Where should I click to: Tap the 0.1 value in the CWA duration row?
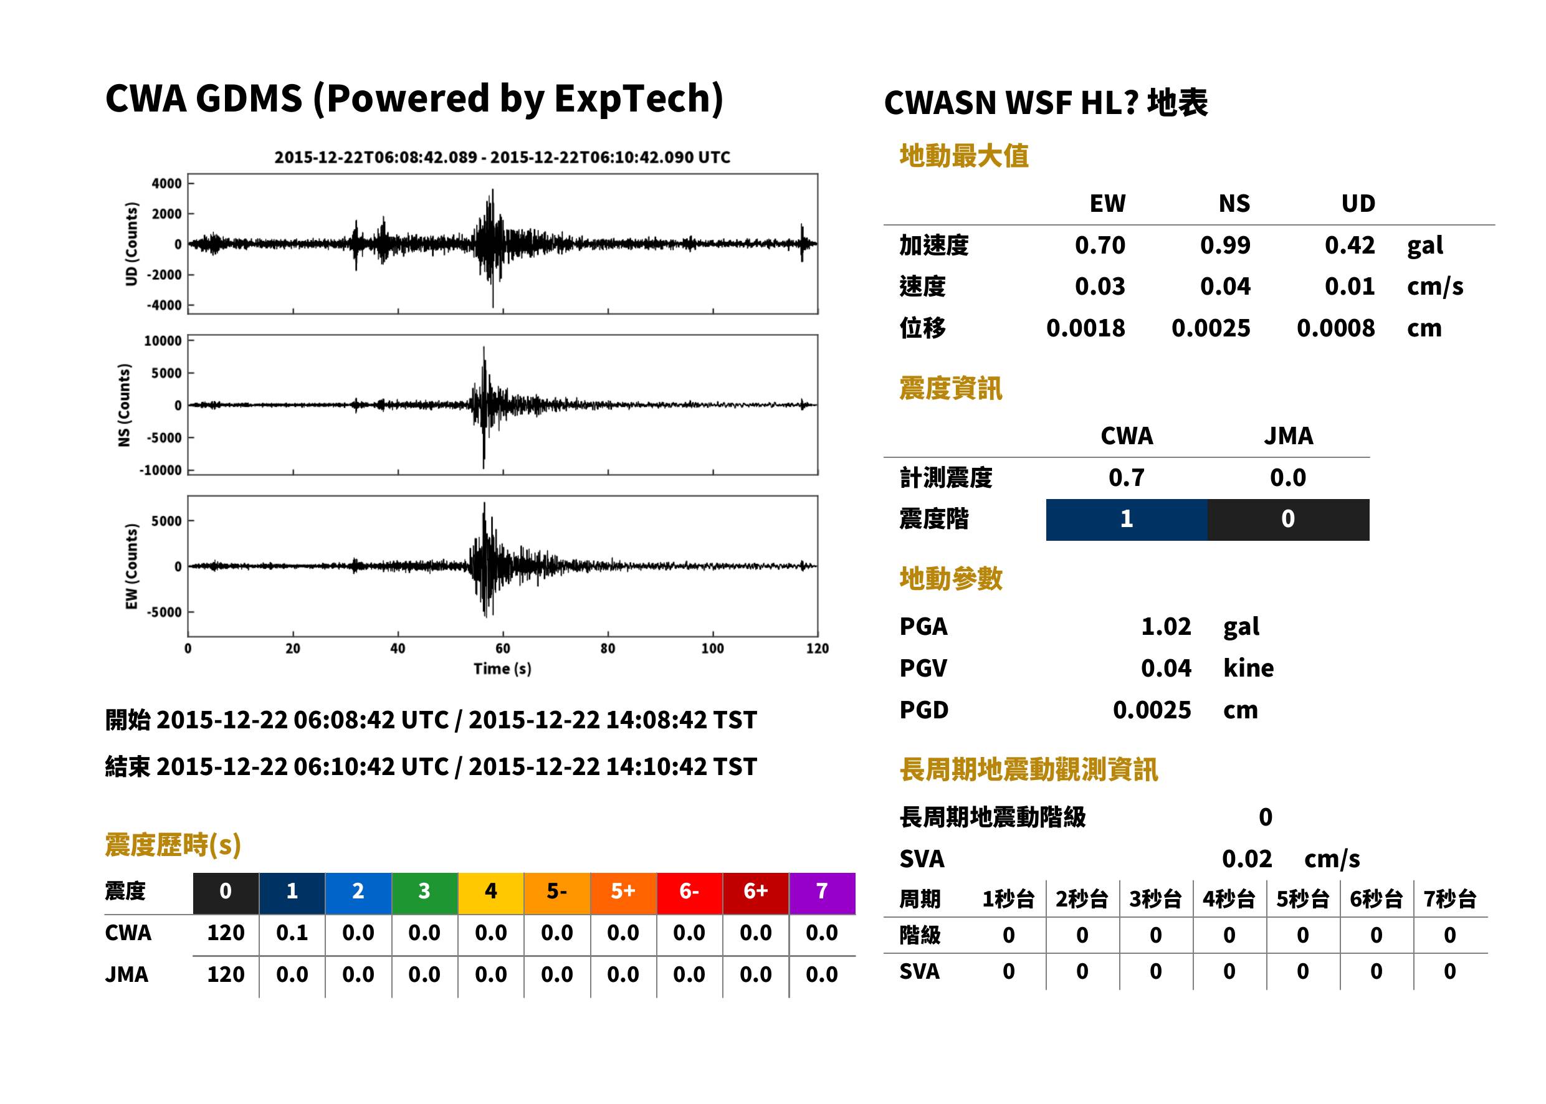pos(292,933)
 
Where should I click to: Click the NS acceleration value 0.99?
pos(1224,245)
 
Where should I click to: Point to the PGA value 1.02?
pos(1166,626)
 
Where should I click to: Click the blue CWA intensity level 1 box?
pos(1127,520)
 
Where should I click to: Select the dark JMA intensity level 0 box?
pos(1289,520)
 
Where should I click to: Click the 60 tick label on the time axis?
pos(502,649)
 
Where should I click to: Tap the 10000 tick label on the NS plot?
pos(163,341)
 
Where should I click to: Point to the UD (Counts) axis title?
pos(131,244)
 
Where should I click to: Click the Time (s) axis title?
pos(502,669)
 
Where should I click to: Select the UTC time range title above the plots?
pos(502,157)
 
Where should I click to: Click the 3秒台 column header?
pos(1155,898)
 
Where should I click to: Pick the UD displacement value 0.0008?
pos(1335,328)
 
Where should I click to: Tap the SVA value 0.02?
pos(1247,859)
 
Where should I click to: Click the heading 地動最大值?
pos(964,156)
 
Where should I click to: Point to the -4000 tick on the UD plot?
pos(164,305)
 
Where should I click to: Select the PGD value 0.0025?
pos(1152,710)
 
